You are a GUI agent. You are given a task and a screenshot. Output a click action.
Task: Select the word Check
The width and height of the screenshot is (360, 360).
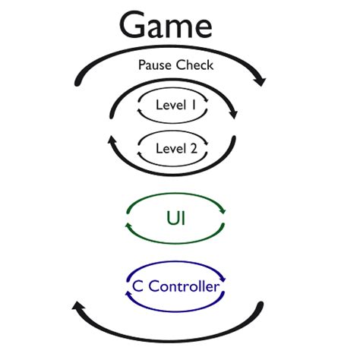(x=194, y=65)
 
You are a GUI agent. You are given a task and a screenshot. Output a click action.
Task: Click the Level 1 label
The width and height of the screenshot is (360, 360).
(x=175, y=106)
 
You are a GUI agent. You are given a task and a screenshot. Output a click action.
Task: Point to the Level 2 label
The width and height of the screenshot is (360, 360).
(x=175, y=148)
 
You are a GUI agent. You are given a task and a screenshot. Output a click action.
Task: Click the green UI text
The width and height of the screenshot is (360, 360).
(x=175, y=219)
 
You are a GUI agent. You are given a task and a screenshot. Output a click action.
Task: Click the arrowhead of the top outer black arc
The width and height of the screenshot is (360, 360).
(x=262, y=79)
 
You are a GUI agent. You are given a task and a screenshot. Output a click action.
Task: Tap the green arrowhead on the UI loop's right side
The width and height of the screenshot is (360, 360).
(x=221, y=212)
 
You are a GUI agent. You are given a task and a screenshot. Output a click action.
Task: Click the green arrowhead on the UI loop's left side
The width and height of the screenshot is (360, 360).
(x=129, y=227)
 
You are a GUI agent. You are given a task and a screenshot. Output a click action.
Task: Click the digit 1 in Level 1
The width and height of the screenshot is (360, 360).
(x=194, y=106)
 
